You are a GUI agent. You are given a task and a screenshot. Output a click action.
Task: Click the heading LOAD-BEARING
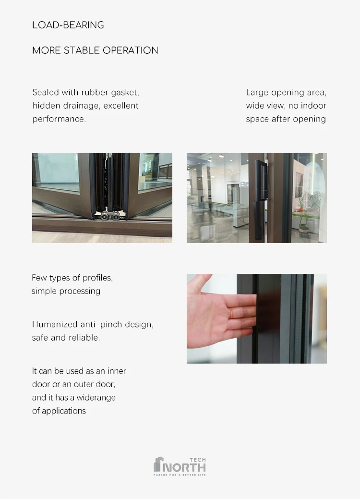click(x=68, y=25)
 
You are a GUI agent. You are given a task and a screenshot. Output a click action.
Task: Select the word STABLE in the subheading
click(x=82, y=50)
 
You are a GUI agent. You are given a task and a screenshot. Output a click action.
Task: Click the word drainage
click(x=81, y=106)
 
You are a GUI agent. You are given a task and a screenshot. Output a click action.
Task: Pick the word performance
click(x=59, y=119)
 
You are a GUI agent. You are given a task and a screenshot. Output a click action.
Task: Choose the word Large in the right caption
click(x=257, y=92)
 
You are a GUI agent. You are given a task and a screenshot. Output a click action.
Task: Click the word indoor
click(x=313, y=106)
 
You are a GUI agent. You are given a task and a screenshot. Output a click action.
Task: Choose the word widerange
click(x=97, y=398)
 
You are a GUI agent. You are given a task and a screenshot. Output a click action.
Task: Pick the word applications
click(x=64, y=411)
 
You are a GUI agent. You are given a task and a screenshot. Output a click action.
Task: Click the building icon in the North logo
click(x=158, y=464)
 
